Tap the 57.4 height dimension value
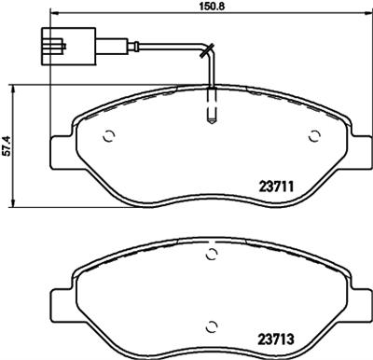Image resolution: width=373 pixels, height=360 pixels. (7, 146)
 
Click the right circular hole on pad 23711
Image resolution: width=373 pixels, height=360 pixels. (312, 136)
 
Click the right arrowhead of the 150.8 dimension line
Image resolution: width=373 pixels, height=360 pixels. (363, 12)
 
